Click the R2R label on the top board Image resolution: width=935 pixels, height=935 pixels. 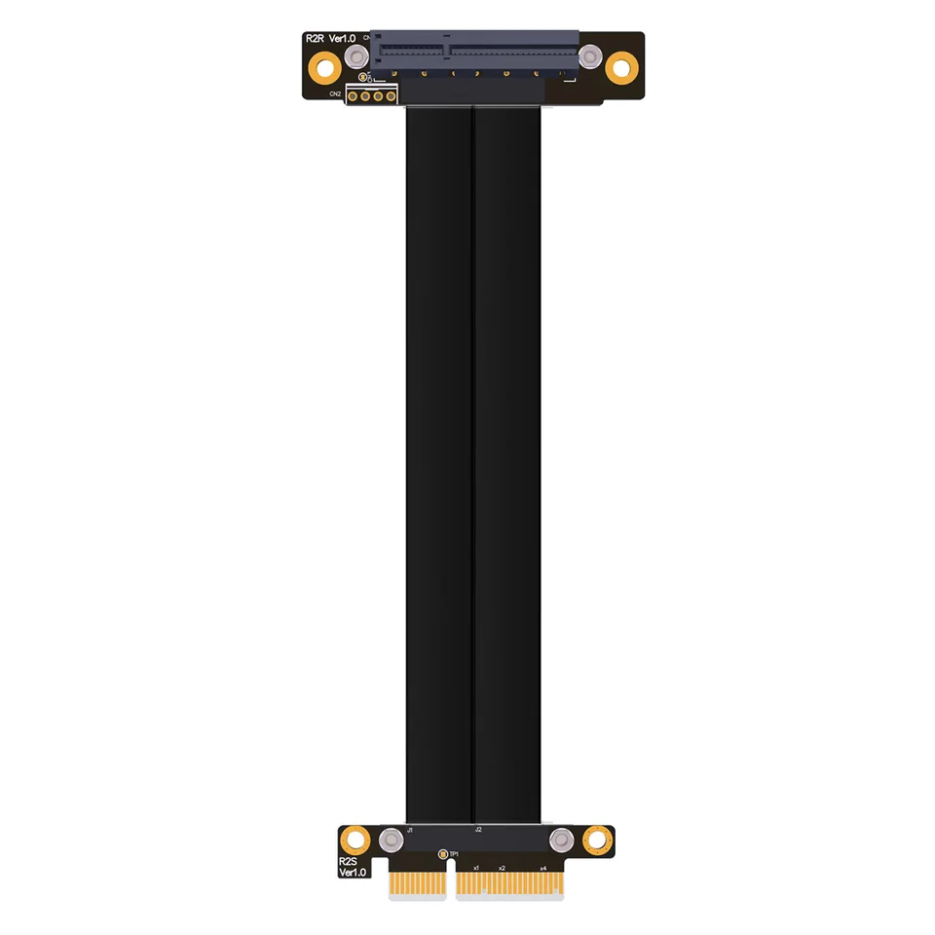click(315, 38)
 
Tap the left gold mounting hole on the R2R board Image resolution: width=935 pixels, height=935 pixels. click(324, 67)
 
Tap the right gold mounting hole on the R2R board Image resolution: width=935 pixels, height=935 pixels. click(621, 67)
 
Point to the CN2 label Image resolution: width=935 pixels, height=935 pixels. click(335, 93)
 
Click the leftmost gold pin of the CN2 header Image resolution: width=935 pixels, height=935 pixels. click(354, 94)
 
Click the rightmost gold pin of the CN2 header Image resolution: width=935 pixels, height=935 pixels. click(390, 94)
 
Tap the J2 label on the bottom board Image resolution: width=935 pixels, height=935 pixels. click(478, 830)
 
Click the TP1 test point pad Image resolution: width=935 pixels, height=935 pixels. click(443, 856)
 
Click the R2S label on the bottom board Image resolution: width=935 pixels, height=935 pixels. click(348, 861)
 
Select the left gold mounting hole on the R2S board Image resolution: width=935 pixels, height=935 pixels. click(357, 840)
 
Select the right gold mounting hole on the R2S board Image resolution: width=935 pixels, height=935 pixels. click(596, 840)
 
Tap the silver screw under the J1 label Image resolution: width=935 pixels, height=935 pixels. click(392, 841)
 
